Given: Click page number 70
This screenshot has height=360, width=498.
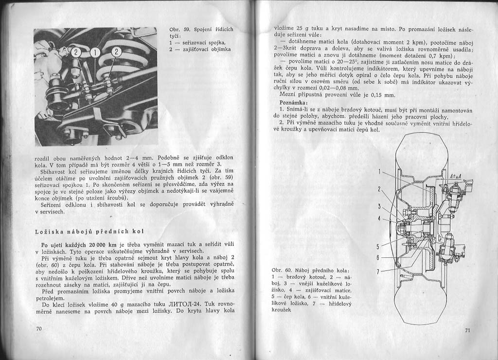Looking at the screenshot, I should coord(39,329).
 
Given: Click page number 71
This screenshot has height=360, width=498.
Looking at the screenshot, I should coord(467,331).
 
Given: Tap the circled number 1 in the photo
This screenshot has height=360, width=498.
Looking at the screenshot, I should coord(95,52).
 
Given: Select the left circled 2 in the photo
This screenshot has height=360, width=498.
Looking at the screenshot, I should coord(76,52).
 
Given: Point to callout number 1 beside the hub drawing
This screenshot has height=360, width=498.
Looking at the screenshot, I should coord(379,172).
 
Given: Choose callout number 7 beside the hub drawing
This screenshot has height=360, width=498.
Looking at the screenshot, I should coord(379,271).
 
